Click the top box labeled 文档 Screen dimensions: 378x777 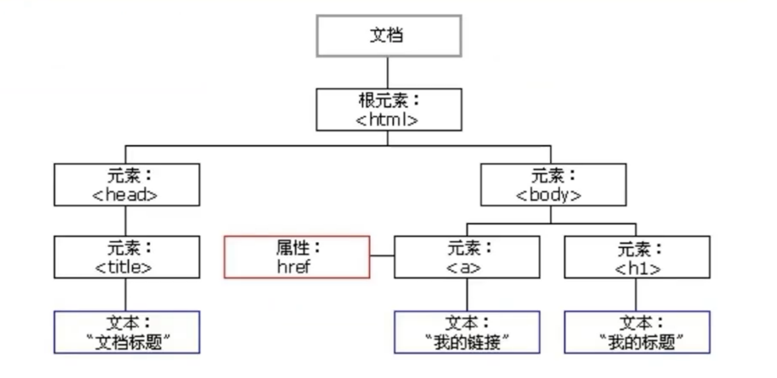click(388, 35)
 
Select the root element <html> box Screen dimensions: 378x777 click(388, 109)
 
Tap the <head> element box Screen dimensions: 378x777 click(127, 185)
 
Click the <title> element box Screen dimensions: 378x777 click(127, 257)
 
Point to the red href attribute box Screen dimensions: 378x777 click(296, 257)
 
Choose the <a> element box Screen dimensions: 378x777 click(466, 257)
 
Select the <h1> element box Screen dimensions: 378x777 click(636, 257)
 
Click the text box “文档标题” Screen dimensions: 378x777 click(127, 332)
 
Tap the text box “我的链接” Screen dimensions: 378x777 click(466, 332)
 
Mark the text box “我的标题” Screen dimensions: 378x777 click(636, 332)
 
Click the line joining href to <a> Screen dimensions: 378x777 click(382, 256)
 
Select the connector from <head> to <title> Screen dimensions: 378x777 click(126, 220)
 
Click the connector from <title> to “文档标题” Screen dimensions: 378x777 click(126, 294)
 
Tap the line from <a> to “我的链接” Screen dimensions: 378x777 click(466, 294)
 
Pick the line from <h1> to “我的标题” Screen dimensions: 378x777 click(636, 294)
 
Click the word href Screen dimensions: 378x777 click(296, 266)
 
